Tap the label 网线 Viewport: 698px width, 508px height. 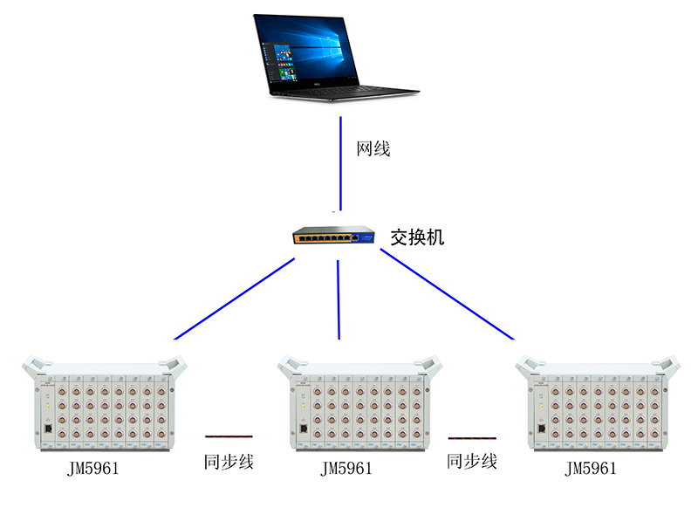[x=373, y=148]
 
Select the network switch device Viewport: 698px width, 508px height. [x=334, y=237]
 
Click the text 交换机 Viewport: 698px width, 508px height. [x=416, y=237]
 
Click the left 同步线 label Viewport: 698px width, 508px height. [x=229, y=462]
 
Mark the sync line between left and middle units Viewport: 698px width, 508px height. [x=229, y=435]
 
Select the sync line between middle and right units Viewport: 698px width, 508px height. [x=472, y=436]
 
